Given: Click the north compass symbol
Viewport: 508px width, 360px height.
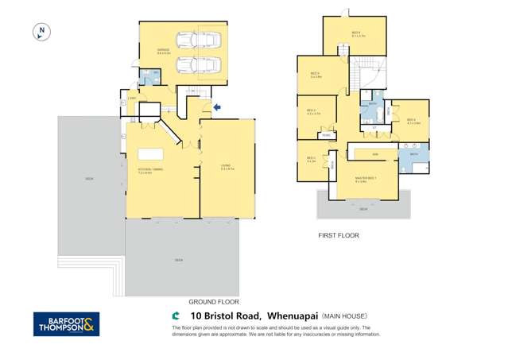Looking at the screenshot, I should click(x=41, y=32).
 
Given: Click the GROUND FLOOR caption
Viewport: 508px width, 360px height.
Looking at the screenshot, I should click(x=214, y=302).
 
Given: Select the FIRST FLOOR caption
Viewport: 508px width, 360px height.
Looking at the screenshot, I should click(x=339, y=235).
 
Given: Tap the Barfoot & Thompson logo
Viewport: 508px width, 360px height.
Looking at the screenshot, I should click(x=66, y=323).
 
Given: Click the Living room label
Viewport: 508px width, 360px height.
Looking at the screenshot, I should click(x=226, y=166).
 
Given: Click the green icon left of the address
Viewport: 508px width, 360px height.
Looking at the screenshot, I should click(x=165, y=315).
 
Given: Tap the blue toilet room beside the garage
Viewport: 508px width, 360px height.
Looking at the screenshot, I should click(x=149, y=77).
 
